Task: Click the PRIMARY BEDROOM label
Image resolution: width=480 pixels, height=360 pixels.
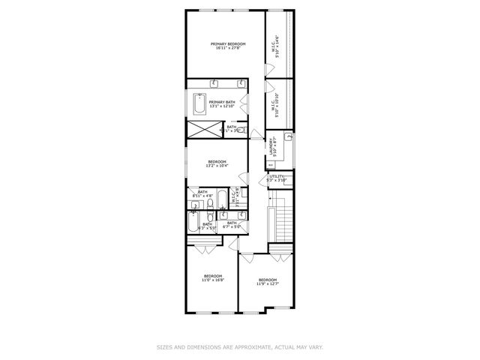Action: coord(226,44)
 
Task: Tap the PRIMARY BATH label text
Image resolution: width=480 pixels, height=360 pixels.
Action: coord(221,102)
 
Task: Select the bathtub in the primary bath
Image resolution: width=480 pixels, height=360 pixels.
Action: coord(198,102)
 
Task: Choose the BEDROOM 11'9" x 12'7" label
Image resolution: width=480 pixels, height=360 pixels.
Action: coord(268,282)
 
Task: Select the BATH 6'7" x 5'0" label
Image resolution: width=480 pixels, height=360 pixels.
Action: coord(232,223)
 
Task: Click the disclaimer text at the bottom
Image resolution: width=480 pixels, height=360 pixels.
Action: coord(239,346)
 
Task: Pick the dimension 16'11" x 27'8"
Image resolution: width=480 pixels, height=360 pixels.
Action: coord(226,49)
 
